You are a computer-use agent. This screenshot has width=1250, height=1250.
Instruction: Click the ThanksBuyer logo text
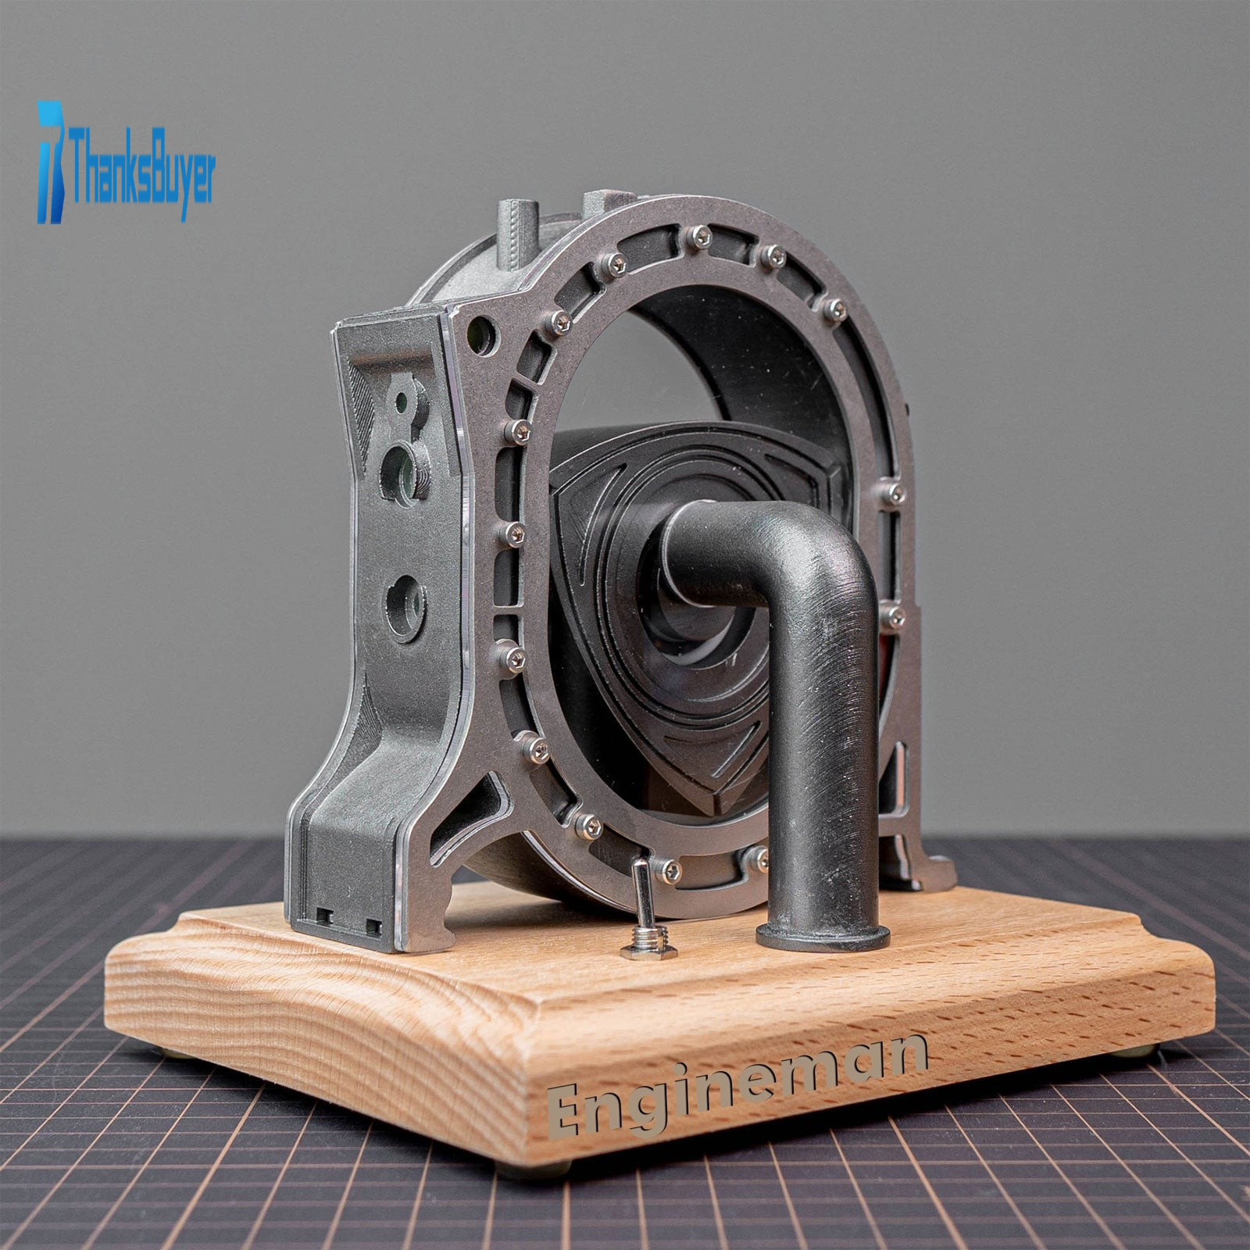[141, 166]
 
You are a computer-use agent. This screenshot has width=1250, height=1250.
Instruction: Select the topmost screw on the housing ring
[701, 234]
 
